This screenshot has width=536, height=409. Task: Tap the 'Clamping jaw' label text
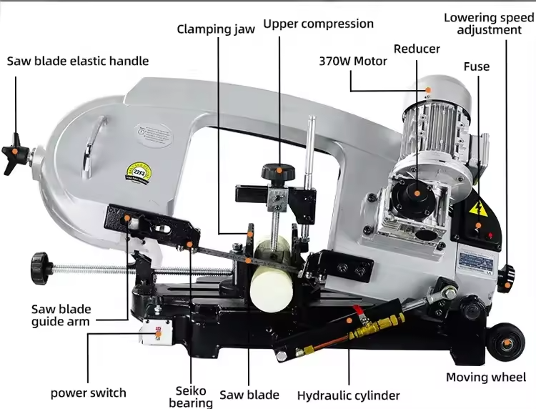216,29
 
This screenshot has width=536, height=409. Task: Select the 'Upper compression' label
318,24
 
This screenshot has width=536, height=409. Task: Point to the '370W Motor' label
353,61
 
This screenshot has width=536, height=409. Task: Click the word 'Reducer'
417,49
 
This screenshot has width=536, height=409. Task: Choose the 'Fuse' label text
477,66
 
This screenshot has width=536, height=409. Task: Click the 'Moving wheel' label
486,377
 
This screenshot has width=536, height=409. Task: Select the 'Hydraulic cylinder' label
349,395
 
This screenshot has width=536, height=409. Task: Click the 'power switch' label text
88,393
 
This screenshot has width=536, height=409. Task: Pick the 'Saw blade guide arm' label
61,315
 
